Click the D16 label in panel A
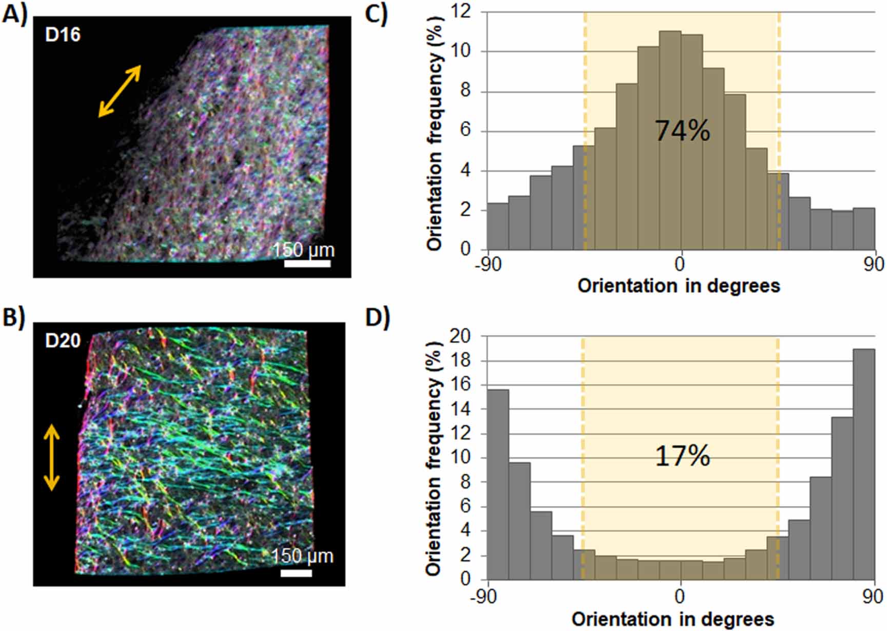pyautogui.click(x=63, y=35)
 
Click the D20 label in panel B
pyautogui.click(x=63, y=340)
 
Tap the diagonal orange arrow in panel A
pyautogui.click(x=120, y=91)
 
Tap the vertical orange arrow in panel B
pyautogui.click(x=51, y=457)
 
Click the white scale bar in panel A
pyautogui.click(x=307, y=263)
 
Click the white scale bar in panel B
pyautogui.click(x=296, y=573)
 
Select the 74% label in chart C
pyautogui.click(x=682, y=131)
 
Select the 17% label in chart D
pyautogui.click(x=682, y=456)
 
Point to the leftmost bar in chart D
pyautogui.click(x=498, y=484)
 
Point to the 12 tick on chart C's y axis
pyautogui.click(x=464, y=12)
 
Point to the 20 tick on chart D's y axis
pyautogui.click(x=460, y=336)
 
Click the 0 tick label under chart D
pyautogui.click(x=680, y=597)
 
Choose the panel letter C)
pyautogui.click(x=376, y=14)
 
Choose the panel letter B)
pyautogui.click(x=13, y=318)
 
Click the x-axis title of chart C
pyautogui.click(x=678, y=286)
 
